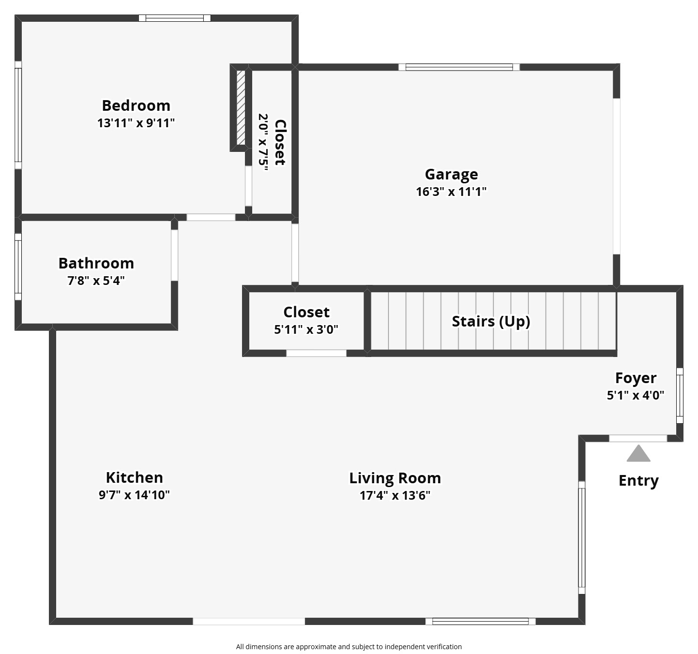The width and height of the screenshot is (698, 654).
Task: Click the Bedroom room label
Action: pos(136,105)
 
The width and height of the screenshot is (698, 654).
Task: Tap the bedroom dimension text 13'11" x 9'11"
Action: pos(136,123)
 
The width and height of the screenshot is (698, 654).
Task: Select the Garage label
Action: pos(451,174)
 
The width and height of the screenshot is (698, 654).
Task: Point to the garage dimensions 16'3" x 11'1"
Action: pos(451,192)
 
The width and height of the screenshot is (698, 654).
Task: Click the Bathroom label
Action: pos(96,263)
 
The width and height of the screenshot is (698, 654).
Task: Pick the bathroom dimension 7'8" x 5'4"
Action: pos(96,281)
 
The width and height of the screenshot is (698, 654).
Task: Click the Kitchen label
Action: pos(134,477)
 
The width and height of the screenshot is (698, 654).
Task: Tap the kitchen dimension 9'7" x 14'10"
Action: pos(134,495)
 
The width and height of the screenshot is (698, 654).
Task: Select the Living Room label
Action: pos(395,478)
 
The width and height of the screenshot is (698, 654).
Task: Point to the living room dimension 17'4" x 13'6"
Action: pos(395,495)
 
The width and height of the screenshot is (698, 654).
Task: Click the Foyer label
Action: pos(636,378)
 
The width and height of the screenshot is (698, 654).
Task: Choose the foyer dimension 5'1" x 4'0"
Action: pos(636,395)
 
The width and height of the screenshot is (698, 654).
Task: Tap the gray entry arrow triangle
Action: pos(638,454)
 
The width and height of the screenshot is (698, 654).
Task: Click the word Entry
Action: pos(638,481)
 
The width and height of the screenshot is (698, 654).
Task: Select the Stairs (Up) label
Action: pos(491,321)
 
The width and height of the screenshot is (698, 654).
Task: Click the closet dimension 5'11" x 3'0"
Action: pos(306,329)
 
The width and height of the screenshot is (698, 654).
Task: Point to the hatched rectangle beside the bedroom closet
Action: pos(241,108)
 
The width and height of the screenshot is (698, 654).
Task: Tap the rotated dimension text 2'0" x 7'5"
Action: pos(263,142)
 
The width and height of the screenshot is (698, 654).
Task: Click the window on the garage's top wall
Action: pos(459,67)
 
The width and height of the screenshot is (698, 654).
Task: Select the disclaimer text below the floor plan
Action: pos(349,647)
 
